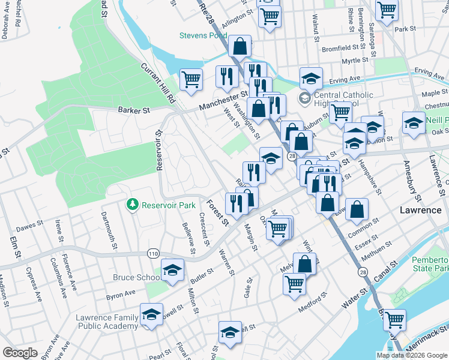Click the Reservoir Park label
tap(169, 205)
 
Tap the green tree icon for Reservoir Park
tap(133, 205)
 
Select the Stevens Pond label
tap(203, 35)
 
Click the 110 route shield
tap(153, 254)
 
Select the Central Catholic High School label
tap(343, 100)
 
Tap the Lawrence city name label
tap(421, 211)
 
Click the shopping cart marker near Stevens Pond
tap(191, 79)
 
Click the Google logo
tap(20, 353)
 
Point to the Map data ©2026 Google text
tap(411, 355)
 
